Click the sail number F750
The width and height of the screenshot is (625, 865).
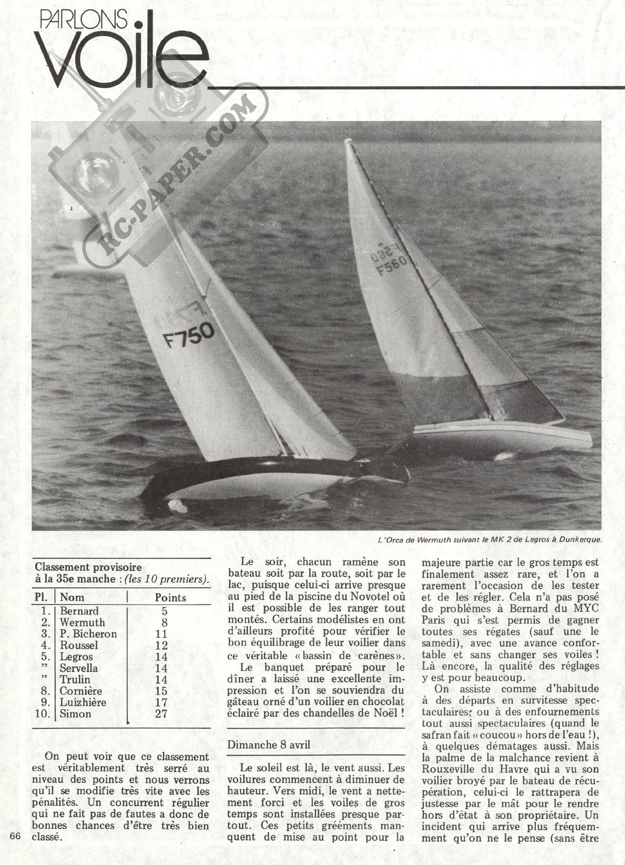tap(189, 334)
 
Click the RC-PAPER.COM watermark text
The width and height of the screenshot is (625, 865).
tap(177, 178)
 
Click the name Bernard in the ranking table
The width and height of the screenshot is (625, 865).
tap(79, 611)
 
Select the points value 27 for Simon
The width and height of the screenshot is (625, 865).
tap(161, 714)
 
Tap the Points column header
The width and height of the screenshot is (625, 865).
tap(170, 597)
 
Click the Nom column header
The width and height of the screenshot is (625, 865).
tap(72, 597)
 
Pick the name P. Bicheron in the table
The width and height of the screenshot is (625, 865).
tap(88, 633)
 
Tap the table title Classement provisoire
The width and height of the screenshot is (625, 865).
tap(88, 567)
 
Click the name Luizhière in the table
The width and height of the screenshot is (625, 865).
tap(83, 702)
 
